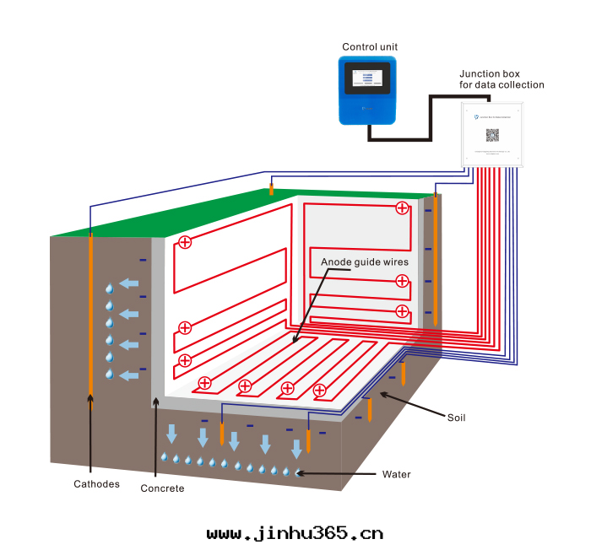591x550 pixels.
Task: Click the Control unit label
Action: point(370,46)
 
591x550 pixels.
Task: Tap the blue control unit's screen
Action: point(368,80)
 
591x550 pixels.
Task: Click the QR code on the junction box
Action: point(492,134)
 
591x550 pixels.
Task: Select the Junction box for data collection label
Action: point(502,79)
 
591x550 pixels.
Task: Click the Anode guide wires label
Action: point(365,262)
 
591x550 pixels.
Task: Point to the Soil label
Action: point(457,417)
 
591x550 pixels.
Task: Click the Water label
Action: point(396,474)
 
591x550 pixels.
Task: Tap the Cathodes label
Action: point(96,484)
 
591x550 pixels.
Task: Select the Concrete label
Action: point(162,488)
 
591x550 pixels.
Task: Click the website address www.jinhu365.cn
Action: point(295,533)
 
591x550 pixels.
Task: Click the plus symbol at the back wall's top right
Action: point(402,208)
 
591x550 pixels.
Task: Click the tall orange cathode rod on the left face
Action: point(89,312)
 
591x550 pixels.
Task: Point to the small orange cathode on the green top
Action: point(271,189)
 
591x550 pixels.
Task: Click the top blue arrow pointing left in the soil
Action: point(128,283)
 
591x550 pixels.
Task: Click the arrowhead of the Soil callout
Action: point(382,393)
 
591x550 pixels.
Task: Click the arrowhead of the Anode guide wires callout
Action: point(295,341)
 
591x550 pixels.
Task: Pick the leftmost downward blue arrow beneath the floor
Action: point(172,434)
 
